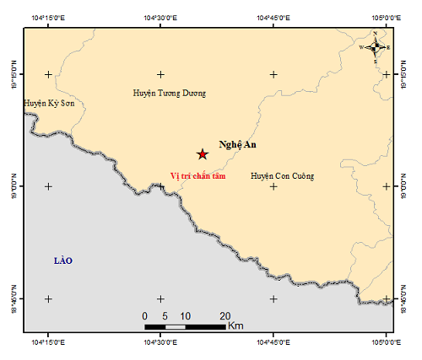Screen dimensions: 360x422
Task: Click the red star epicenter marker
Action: click(202, 153)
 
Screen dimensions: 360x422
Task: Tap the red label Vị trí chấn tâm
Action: click(198, 176)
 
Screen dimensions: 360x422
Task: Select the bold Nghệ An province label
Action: click(237, 145)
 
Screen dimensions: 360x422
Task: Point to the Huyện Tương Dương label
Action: click(170, 94)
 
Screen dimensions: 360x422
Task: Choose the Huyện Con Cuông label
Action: click(283, 176)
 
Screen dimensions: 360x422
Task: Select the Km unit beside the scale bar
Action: click(236, 325)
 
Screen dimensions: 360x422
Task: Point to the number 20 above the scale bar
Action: click(225, 315)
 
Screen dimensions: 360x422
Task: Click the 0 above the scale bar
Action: click(145, 315)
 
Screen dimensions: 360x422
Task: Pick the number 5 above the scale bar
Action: click(165, 315)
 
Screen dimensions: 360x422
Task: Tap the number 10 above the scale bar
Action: click(185, 315)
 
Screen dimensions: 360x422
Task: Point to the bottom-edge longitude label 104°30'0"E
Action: click(160, 342)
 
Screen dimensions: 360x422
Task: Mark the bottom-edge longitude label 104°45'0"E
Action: click(273, 342)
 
